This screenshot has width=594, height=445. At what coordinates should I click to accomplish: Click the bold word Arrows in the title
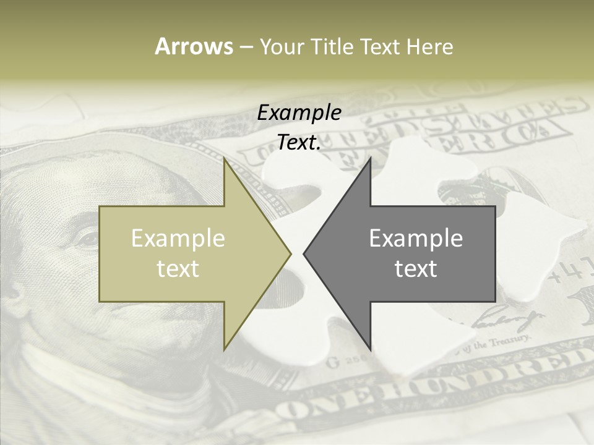[x=194, y=46]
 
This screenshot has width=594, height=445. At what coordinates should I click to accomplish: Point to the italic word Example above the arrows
[x=299, y=113]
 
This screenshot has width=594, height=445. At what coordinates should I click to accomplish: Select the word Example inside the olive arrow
[x=178, y=238]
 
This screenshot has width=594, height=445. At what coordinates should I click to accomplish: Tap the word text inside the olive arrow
[x=178, y=268]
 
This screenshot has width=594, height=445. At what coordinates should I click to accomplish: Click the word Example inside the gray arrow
[x=416, y=238]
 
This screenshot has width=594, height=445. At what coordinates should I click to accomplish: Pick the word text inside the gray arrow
[x=416, y=268]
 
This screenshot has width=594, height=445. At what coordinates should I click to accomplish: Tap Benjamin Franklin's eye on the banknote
[x=87, y=239]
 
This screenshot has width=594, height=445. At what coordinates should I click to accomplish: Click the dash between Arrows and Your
[x=246, y=47]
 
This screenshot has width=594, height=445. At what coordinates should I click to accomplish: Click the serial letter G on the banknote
[x=333, y=362]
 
